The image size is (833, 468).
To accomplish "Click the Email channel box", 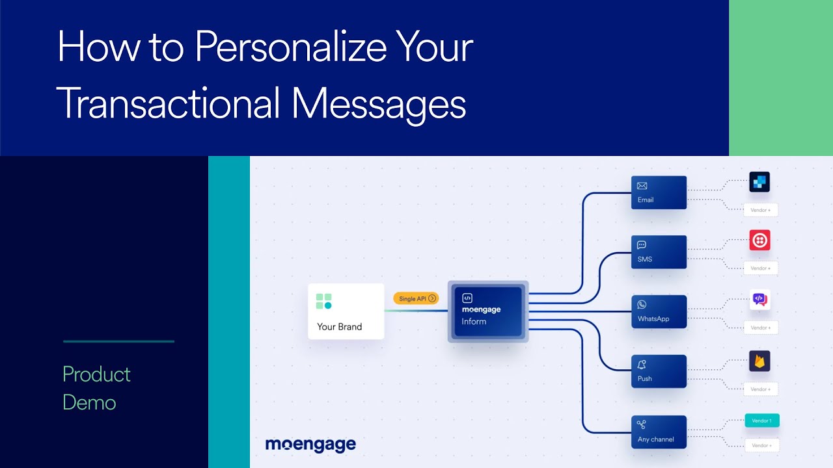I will coord(659,192).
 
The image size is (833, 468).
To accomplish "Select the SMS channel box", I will coord(659,252).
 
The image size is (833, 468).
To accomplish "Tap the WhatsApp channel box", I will coord(659,312).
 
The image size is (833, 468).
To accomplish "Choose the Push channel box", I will coord(659,371).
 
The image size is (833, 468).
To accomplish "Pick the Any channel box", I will coord(659,432).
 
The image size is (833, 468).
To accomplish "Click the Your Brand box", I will coord(346,311).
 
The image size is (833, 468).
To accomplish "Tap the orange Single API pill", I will coord(416,298).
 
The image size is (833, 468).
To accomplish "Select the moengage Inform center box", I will coord(488,311).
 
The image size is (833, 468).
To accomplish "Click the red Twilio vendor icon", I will coord(759,240).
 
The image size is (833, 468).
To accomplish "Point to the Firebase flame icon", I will coord(759,361).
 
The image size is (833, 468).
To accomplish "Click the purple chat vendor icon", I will coord(759,300).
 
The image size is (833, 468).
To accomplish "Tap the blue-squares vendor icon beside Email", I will coord(759,182).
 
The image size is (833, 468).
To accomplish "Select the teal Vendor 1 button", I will coord(761,421).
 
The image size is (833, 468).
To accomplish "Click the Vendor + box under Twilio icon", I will coord(761,268).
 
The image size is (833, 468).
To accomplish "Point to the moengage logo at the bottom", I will coord(310,445).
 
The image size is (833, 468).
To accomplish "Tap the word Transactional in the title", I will coord(169,103).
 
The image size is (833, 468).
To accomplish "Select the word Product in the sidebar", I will coord(96,374).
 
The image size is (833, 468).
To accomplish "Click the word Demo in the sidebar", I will coord(89,402).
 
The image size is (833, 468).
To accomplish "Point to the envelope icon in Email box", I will coord(642,186).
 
